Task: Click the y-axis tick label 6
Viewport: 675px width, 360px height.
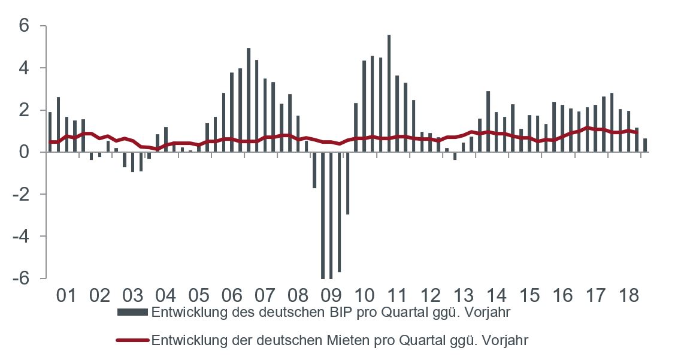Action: click(x=25, y=26)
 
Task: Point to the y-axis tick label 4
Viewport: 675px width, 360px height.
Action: click(x=25, y=68)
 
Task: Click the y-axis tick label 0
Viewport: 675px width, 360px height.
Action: click(x=25, y=152)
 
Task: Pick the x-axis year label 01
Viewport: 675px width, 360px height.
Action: click(x=66, y=296)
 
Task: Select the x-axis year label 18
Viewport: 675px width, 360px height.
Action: click(x=628, y=296)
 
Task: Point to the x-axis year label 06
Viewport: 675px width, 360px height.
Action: click(x=231, y=296)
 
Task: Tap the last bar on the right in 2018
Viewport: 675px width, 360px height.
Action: click(x=645, y=145)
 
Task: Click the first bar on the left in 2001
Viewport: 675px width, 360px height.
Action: click(x=50, y=132)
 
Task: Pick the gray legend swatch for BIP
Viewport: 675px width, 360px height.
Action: click(x=132, y=312)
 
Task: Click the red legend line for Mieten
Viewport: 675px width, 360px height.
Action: click(x=132, y=340)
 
